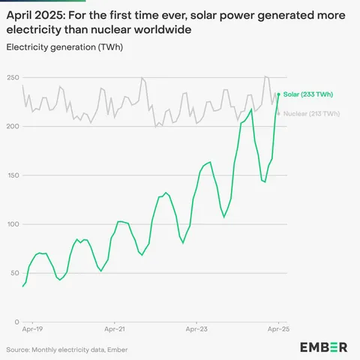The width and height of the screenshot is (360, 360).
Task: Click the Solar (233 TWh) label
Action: [x=305, y=94]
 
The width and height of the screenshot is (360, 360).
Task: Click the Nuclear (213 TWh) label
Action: [x=308, y=114]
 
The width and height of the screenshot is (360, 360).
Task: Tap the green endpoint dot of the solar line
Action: [x=279, y=94]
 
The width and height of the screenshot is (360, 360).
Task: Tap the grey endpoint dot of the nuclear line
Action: [x=279, y=114]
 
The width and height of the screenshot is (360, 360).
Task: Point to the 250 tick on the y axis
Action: [x=13, y=78]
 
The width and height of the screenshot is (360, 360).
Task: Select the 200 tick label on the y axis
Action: [x=13, y=127]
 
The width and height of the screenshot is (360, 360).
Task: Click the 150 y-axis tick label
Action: [x=13, y=175]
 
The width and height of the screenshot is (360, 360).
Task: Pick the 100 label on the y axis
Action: [x=13, y=224]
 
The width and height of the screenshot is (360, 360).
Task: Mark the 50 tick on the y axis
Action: [x=14, y=273]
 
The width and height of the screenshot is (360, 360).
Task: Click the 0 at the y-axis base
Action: [x=16, y=322]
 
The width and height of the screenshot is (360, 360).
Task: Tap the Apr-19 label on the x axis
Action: [x=32, y=329]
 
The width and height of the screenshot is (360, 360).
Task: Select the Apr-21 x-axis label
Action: [x=114, y=329]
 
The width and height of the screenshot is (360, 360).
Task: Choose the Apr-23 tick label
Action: [x=196, y=329]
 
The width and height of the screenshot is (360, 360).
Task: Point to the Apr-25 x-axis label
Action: [x=278, y=329]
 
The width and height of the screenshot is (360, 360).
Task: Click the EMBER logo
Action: [x=323, y=347]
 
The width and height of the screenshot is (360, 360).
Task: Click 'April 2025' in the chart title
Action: [x=34, y=14]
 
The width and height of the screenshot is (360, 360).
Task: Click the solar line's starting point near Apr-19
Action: [x=23, y=286]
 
